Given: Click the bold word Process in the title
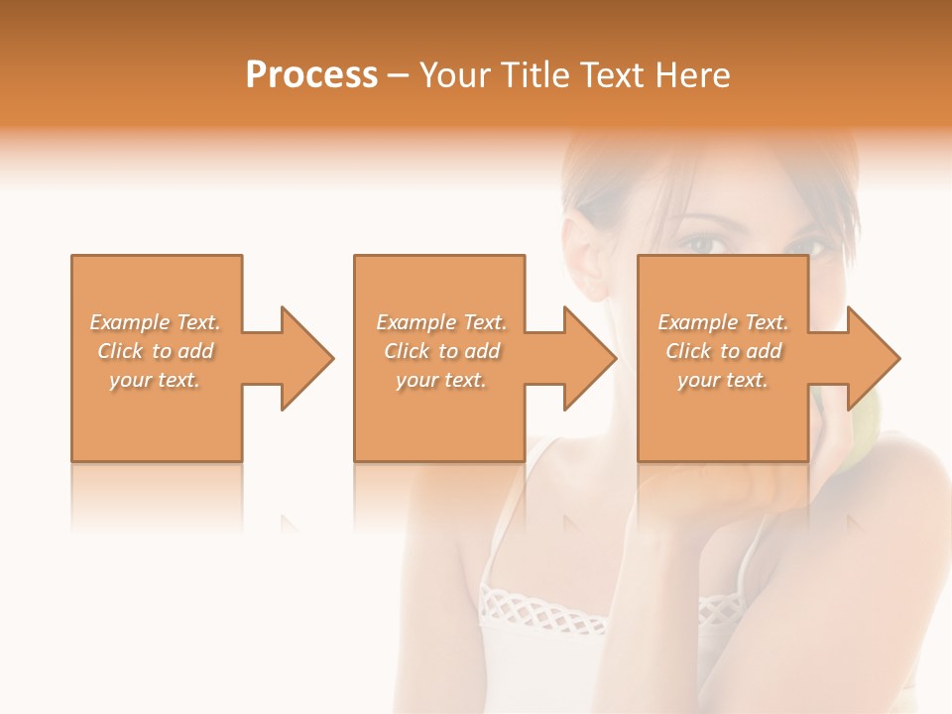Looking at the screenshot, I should click(x=311, y=75).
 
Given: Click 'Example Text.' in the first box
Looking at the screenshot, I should click(x=155, y=322).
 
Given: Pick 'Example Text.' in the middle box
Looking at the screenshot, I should click(x=441, y=322).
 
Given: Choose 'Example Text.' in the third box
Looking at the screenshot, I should click(x=723, y=322).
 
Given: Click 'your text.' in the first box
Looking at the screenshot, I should click(x=155, y=380).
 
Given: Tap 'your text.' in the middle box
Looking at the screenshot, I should click(x=441, y=380).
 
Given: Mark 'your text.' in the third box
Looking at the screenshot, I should click(x=723, y=380).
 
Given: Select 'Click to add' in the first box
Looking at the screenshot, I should click(x=155, y=351).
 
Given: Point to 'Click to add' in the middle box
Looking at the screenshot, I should click(x=441, y=351).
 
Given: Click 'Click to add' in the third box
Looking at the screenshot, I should click(x=723, y=351).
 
